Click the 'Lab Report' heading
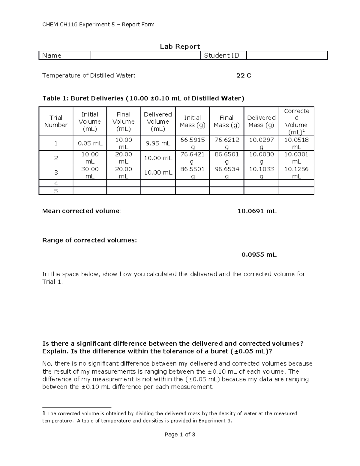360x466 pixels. (x=180, y=47)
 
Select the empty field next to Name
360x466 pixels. (x=145, y=56)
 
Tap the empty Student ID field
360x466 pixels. (x=286, y=56)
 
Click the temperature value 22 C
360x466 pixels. (x=244, y=76)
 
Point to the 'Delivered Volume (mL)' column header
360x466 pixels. (x=158, y=122)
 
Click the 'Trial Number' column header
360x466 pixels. (x=56, y=122)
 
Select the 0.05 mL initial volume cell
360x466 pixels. (x=90, y=143)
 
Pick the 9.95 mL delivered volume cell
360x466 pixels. (x=158, y=143)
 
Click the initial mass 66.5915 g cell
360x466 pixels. (x=192, y=143)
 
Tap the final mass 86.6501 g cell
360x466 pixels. (x=226, y=158)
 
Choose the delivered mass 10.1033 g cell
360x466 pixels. (x=261, y=173)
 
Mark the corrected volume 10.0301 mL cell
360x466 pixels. (x=296, y=158)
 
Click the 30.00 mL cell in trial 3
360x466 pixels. (x=90, y=173)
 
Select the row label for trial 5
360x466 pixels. (x=56, y=191)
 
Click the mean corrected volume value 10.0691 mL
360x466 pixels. (x=257, y=211)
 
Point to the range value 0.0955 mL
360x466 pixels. (x=259, y=255)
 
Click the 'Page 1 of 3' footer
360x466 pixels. (x=180, y=434)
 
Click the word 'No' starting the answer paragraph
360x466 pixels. (x=47, y=364)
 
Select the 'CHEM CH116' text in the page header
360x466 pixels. (x=60, y=25)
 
